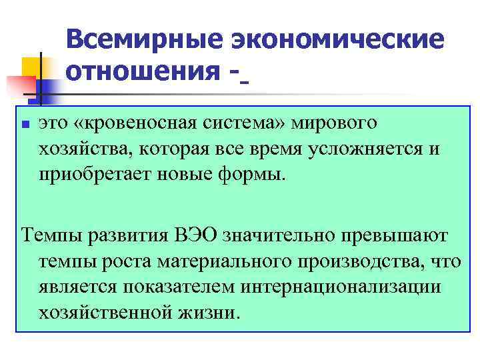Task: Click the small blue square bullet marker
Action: coord(24,124)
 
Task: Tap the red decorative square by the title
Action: coord(18,86)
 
